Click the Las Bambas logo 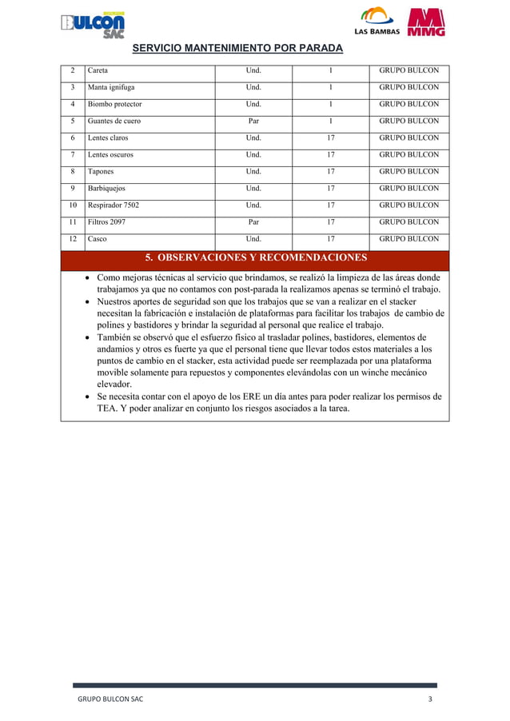click(377, 23)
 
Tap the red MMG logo click(426, 23)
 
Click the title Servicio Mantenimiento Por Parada click(237, 49)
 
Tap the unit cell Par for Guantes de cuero click(253, 121)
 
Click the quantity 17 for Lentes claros click(330, 137)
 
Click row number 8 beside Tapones click(72, 171)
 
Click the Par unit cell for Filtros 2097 click(253, 221)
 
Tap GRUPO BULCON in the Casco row click(408, 238)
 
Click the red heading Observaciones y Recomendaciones click(255, 258)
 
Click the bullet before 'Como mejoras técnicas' click(87, 278)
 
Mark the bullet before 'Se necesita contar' click(87, 396)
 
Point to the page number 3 click(430, 699)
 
